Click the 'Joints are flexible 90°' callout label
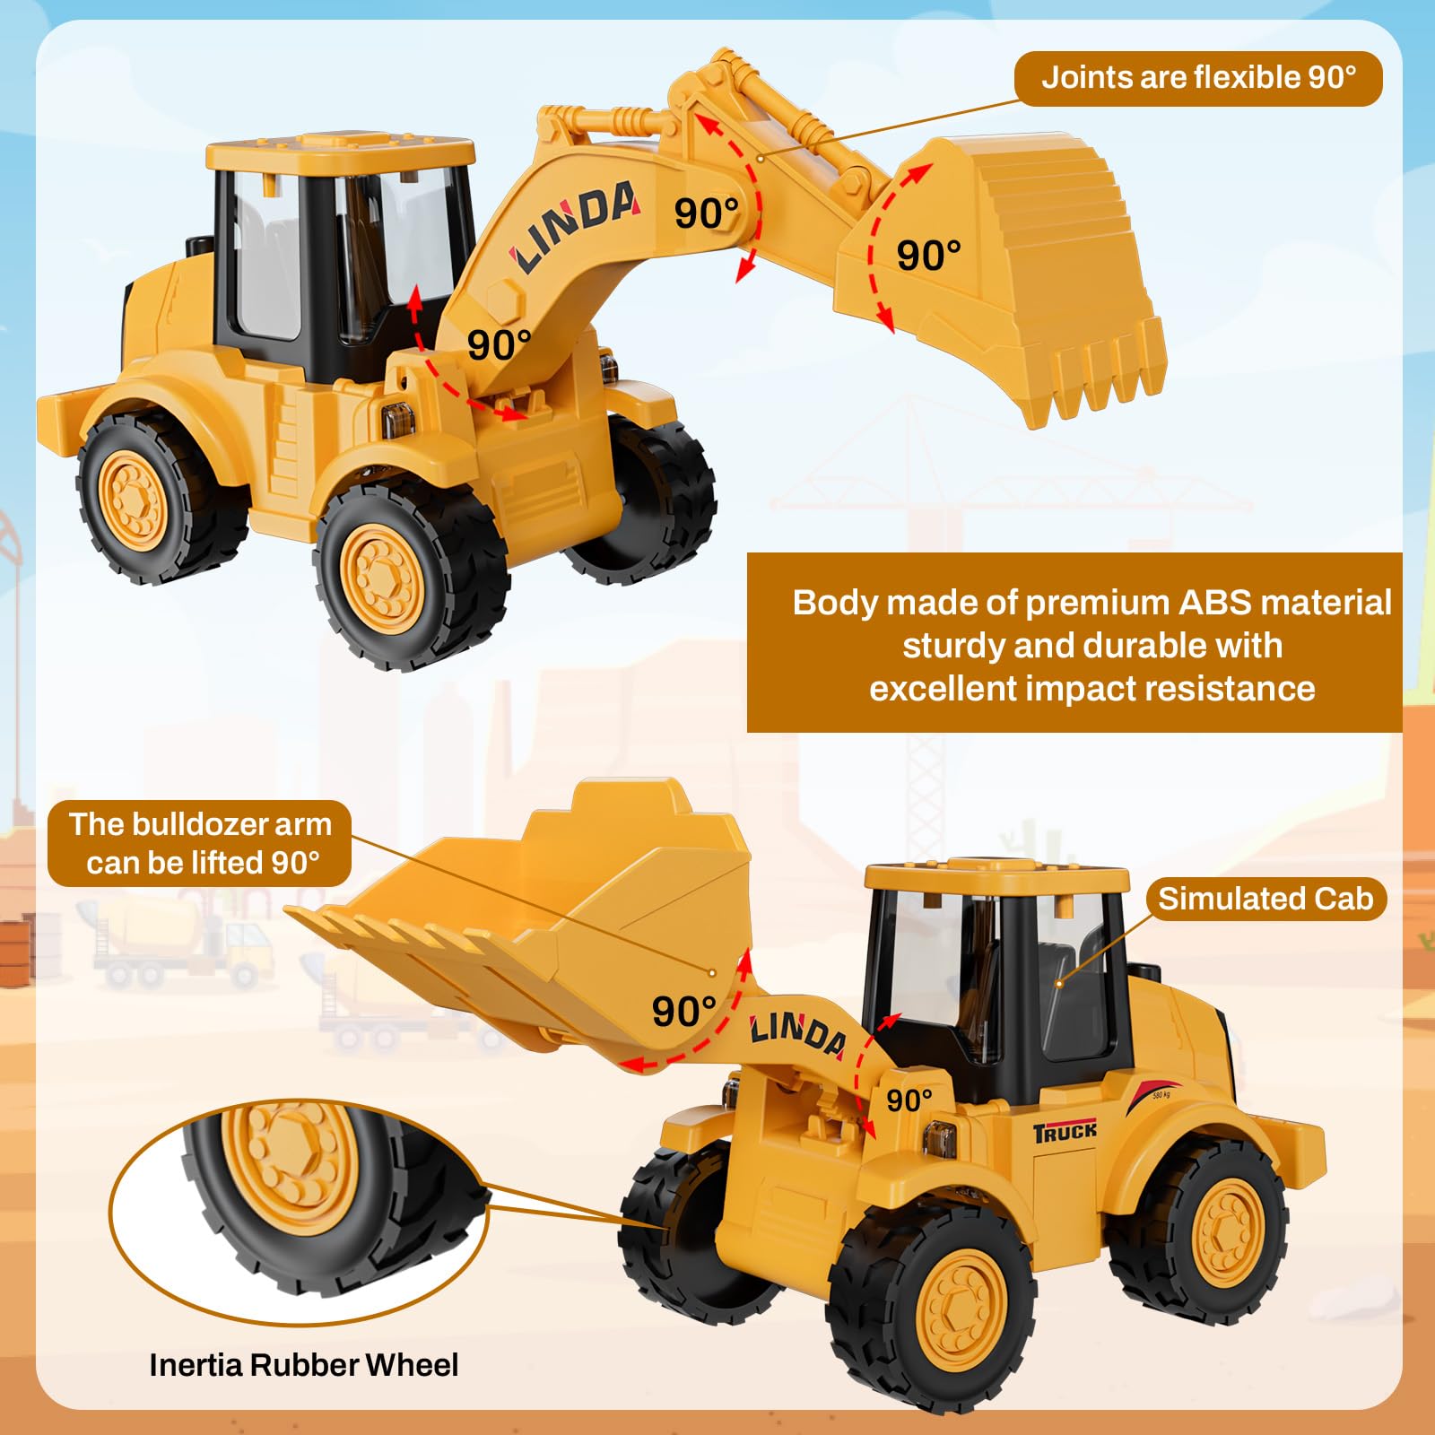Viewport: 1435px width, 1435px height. tap(1198, 78)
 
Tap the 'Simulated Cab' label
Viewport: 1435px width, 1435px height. tap(1265, 899)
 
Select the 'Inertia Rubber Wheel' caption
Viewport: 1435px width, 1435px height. tap(303, 1365)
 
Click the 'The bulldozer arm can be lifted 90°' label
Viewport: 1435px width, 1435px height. tap(200, 843)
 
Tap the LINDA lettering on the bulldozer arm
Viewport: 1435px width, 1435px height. tap(797, 1032)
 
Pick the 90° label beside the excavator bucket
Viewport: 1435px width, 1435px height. tap(928, 256)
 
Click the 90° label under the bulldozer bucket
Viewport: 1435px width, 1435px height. tap(683, 1012)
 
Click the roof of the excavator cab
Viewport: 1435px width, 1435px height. tap(341, 152)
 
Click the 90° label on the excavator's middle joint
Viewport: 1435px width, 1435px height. tap(707, 213)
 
